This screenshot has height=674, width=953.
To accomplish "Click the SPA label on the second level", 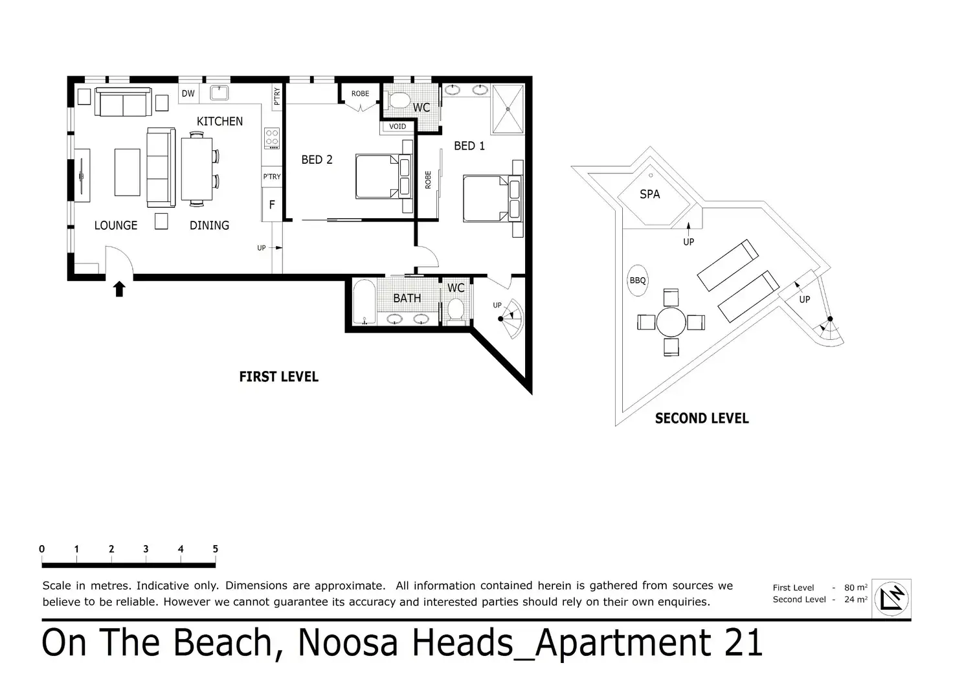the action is [649, 194].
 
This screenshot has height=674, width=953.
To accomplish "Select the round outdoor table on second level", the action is [671, 322].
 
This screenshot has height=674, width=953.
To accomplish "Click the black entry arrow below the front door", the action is [119, 289].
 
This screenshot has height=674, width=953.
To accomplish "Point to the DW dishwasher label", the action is [188, 93].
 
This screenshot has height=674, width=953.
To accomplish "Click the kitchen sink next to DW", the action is [219, 93].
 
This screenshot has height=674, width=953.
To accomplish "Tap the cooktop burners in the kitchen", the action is [272, 139].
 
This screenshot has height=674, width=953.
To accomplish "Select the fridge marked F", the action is [272, 205].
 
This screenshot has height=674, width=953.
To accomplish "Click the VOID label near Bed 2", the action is [398, 126].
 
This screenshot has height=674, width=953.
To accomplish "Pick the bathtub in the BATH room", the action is [364, 302].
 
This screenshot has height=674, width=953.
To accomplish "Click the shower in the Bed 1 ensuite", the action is [508, 109].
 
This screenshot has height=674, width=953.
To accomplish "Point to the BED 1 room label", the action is [469, 146].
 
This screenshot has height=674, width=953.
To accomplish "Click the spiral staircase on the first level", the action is [512, 319].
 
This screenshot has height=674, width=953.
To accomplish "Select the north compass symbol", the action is [891, 599].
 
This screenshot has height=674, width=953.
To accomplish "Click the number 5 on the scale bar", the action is [216, 549].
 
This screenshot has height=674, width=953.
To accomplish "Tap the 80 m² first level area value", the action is [856, 588].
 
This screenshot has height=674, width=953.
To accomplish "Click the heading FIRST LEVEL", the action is [278, 377].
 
